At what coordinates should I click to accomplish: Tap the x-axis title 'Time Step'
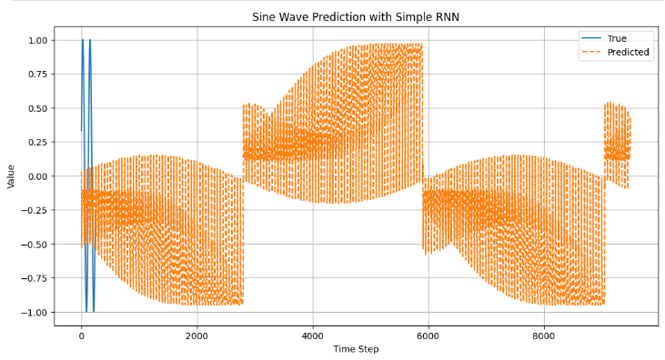(355, 349)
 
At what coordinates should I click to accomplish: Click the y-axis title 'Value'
(11, 175)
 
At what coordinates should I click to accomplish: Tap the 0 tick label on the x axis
(81, 335)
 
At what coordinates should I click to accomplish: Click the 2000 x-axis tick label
(196, 335)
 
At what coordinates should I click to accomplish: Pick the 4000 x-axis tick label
(312, 335)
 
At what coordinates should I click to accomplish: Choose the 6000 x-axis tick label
(428, 335)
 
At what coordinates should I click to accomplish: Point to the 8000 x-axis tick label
(543, 335)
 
